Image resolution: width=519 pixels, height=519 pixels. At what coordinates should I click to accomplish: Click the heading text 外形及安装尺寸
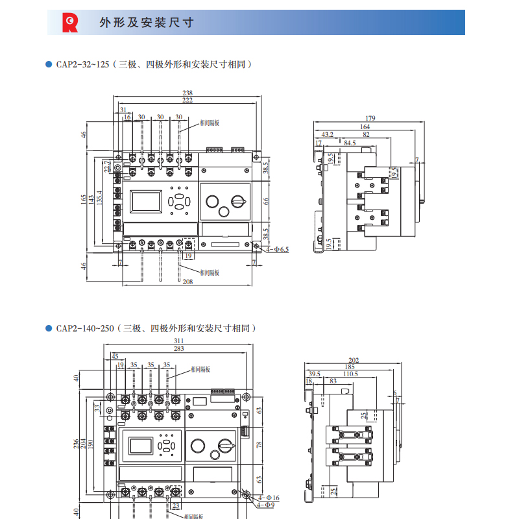147,23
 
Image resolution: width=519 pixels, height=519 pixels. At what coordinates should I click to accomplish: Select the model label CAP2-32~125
82,64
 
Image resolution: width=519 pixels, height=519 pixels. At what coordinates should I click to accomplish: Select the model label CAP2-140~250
84,328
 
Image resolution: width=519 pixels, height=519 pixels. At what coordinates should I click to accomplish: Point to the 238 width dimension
187,93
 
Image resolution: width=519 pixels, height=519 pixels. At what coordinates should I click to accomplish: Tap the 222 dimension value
187,101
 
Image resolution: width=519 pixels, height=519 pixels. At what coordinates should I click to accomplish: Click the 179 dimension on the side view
370,119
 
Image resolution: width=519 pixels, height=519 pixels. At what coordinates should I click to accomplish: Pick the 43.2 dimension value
328,134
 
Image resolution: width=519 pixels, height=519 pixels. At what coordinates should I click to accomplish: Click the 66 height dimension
265,201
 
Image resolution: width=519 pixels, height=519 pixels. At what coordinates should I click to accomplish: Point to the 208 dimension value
187,282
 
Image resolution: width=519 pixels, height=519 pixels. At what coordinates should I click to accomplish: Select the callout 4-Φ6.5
277,248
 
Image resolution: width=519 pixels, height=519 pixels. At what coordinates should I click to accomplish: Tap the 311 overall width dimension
179,341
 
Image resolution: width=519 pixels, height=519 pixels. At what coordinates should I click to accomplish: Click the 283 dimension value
179,348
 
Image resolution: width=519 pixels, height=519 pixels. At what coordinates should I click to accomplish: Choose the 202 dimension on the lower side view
354,360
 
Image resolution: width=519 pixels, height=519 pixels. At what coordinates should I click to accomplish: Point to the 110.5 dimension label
350,374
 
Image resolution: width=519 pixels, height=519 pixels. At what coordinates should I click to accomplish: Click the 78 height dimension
259,445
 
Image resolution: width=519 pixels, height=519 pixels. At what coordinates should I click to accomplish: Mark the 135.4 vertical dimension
99,197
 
